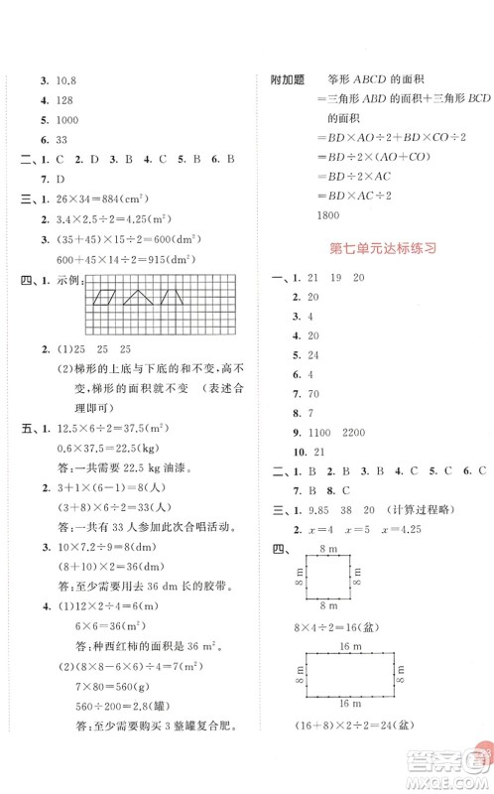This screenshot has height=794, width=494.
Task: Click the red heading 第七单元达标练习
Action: tap(382, 250)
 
